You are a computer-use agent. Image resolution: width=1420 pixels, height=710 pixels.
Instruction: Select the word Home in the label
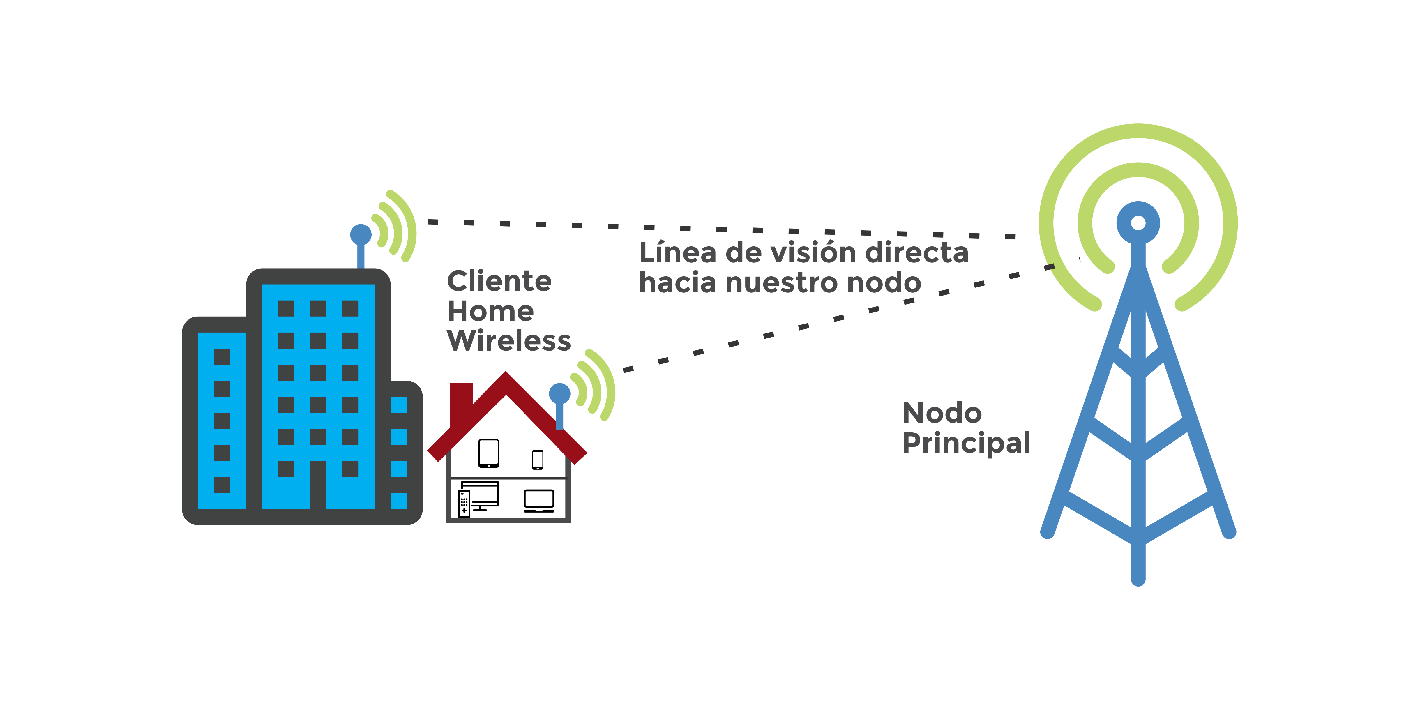tap(490, 311)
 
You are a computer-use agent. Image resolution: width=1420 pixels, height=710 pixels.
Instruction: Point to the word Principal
tap(966, 443)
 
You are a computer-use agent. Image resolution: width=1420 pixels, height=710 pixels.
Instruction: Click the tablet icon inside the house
tap(488, 453)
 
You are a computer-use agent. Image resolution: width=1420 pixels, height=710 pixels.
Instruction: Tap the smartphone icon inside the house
tap(538, 459)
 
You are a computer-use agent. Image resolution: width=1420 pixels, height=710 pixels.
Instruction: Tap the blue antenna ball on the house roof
tap(559, 394)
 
